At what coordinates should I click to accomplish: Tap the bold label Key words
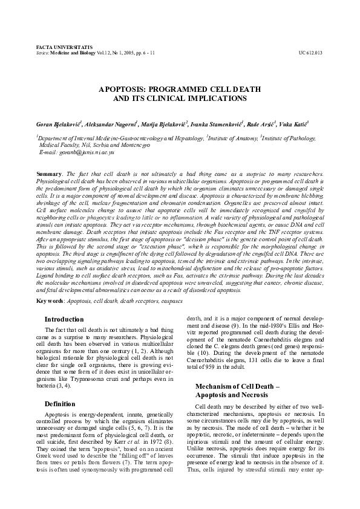(50, 300)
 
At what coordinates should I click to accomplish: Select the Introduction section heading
(64, 319)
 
